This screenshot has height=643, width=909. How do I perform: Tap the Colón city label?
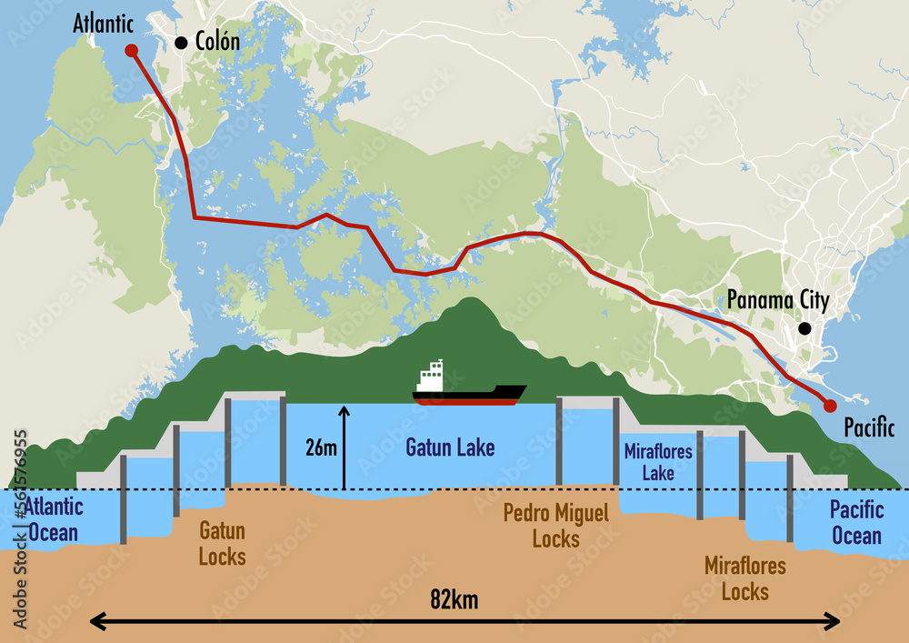(x=217, y=42)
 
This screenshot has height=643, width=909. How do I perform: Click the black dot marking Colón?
(x=181, y=42)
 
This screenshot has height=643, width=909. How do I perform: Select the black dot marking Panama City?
(x=804, y=328)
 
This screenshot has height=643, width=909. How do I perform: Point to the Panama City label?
(x=777, y=301)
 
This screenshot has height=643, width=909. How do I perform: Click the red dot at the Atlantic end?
(x=131, y=50)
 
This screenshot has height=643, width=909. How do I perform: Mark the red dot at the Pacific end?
(x=829, y=406)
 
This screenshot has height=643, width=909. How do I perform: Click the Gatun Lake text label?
(x=450, y=447)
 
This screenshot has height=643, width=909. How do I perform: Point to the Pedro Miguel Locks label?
(x=555, y=526)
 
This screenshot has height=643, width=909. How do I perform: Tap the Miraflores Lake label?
(x=658, y=462)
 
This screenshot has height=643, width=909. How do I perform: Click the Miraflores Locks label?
(x=745, y=579)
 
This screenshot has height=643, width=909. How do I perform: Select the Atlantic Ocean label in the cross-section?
(x=53, y=520)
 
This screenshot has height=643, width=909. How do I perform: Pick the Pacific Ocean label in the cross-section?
(x=855, y=522)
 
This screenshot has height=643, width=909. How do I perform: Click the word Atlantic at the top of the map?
(x=104, y=23)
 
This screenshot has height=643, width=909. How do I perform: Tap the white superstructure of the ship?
(x=430, y=377)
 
